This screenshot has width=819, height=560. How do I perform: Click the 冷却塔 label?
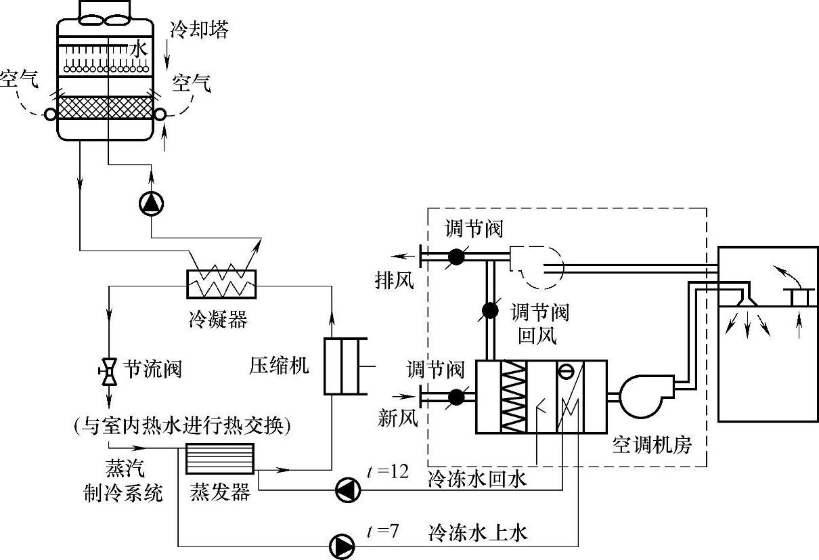point(199,29)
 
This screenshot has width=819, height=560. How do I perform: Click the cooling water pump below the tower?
point(152,204)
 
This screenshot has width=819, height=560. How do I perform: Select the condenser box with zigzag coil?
point(221,284)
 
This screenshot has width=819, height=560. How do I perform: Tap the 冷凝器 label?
point(218,319)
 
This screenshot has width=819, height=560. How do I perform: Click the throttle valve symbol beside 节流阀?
point(108,372)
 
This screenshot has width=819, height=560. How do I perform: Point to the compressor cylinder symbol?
point(345,366)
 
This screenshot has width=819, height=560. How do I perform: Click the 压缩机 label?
point(279,366)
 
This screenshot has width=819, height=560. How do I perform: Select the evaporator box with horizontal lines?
point(220,458)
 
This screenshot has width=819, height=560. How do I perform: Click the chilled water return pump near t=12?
point(348,490)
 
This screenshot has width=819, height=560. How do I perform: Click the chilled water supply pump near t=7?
point(342,546)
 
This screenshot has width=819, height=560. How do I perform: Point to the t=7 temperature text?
point(382,531)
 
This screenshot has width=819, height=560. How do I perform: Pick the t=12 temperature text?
point(388,471)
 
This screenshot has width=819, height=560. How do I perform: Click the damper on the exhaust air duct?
point(456,257)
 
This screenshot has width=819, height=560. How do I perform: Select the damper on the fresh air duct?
point(456,397)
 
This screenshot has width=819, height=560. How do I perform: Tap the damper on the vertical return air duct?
point(490,311)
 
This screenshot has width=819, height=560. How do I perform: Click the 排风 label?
point(395,281)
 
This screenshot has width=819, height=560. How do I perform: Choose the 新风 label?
point(398,418)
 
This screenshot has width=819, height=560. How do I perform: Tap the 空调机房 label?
point(652,445)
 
